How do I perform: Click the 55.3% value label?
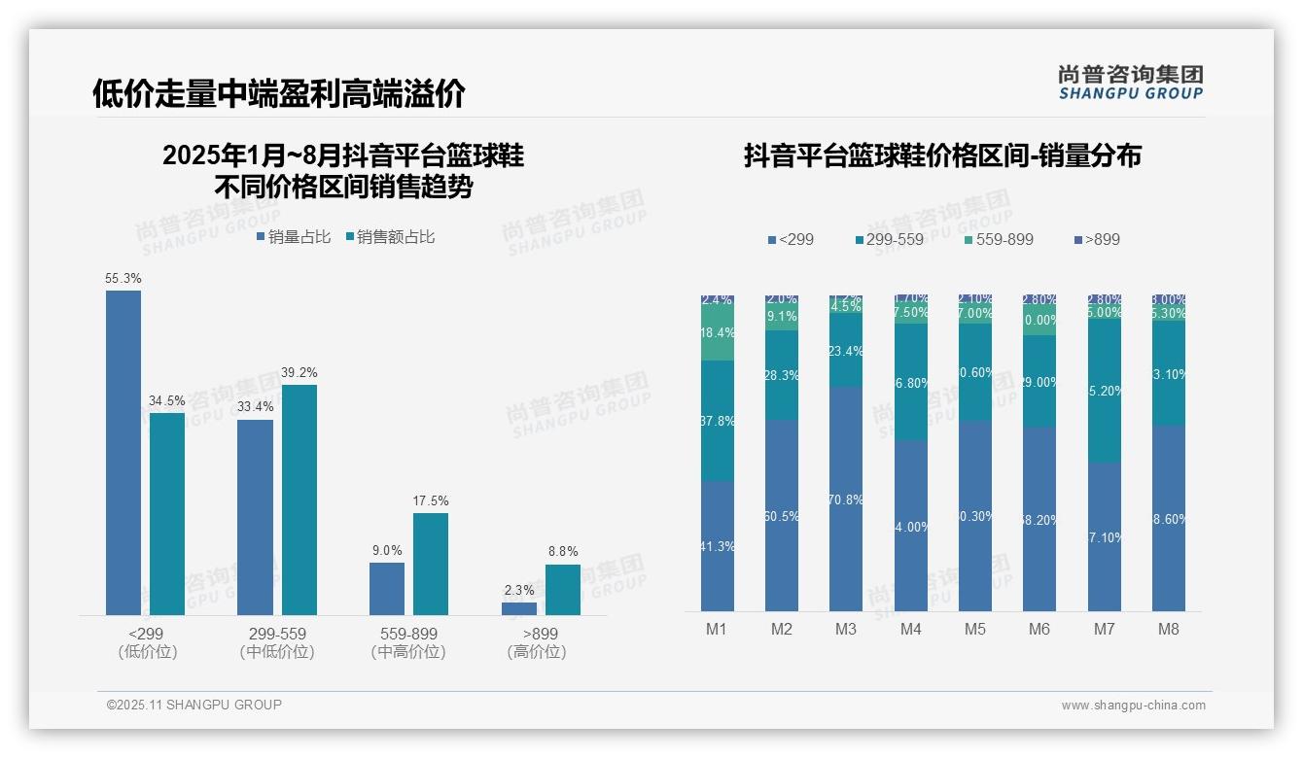point(123,279)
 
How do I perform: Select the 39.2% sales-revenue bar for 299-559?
point(299,500)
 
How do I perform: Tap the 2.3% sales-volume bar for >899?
point(519,608)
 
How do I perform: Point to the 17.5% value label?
point(431,501)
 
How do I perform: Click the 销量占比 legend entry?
point(294,237)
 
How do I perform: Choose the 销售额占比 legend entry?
point(389,237)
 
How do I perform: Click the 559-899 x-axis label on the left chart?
point(408,634)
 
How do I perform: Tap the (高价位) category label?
point(537,652)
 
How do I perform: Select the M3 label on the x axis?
point(846,629)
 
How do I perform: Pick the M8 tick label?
point(1169,629)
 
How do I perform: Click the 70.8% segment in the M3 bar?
point(846,499)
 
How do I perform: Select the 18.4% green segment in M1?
point(718,333)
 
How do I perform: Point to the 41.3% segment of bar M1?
point(718,545)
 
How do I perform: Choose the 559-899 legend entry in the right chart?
point(999,239)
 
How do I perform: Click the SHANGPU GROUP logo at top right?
point(1131,82)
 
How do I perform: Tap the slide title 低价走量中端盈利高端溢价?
point(279,93)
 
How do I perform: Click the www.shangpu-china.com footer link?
point(1133,706)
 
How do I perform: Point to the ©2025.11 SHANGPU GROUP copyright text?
point(194,705)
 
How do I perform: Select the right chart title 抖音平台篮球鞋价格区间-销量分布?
point(942,155)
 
